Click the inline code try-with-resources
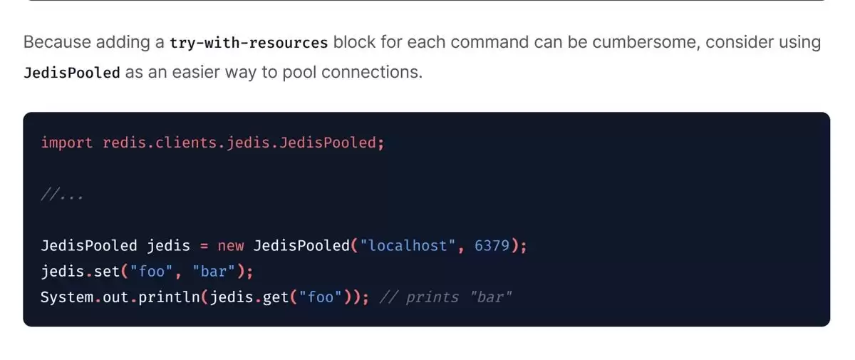(249, 42)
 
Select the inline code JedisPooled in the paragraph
(72, 73)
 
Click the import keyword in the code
(67, 143)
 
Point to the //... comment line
(62, 195)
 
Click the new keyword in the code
(231, 246)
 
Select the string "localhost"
(408, 246)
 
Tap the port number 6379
(492, 246)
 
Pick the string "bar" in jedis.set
(214, 272)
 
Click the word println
(169, 297)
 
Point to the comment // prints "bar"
(445, 297)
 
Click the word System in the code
(67, 297)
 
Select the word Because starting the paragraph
(57, 42)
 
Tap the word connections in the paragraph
(372, 72)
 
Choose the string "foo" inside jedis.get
(320, 297)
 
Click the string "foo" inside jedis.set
(151, 272)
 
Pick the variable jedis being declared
(168, 246)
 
